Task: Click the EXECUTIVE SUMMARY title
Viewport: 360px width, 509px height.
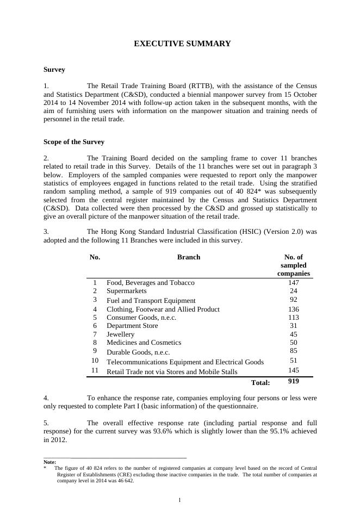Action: [x=182, y=44]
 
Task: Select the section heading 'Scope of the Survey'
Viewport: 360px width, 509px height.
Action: [x=73, y=142]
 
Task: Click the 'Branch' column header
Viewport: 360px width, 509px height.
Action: [x=189, y=257]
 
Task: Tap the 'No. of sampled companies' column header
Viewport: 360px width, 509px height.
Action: [x=293, y=265]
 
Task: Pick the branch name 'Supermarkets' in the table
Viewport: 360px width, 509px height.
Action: [x=127, y=291]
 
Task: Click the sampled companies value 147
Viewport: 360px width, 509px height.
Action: [x=294, y=283]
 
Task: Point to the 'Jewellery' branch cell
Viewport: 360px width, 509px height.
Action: [x=121, y=334]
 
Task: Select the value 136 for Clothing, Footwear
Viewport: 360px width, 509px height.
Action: [x=294, y=309]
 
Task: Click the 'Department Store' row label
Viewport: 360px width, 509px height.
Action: [x=132, y=326]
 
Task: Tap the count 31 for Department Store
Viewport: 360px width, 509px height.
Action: [x=294, y=326]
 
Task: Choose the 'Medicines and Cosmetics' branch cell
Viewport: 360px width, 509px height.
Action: [x=144, y=343]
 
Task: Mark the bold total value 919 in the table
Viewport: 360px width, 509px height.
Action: [x=294, y=381]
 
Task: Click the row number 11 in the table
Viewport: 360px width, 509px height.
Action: [x=95, y=370]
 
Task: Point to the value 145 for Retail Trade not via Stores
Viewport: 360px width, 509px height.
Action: [x=294, y=370]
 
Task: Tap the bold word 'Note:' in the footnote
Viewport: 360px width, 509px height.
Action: [x=50, y=462]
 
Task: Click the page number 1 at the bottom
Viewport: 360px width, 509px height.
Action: [x=179, y=500]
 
